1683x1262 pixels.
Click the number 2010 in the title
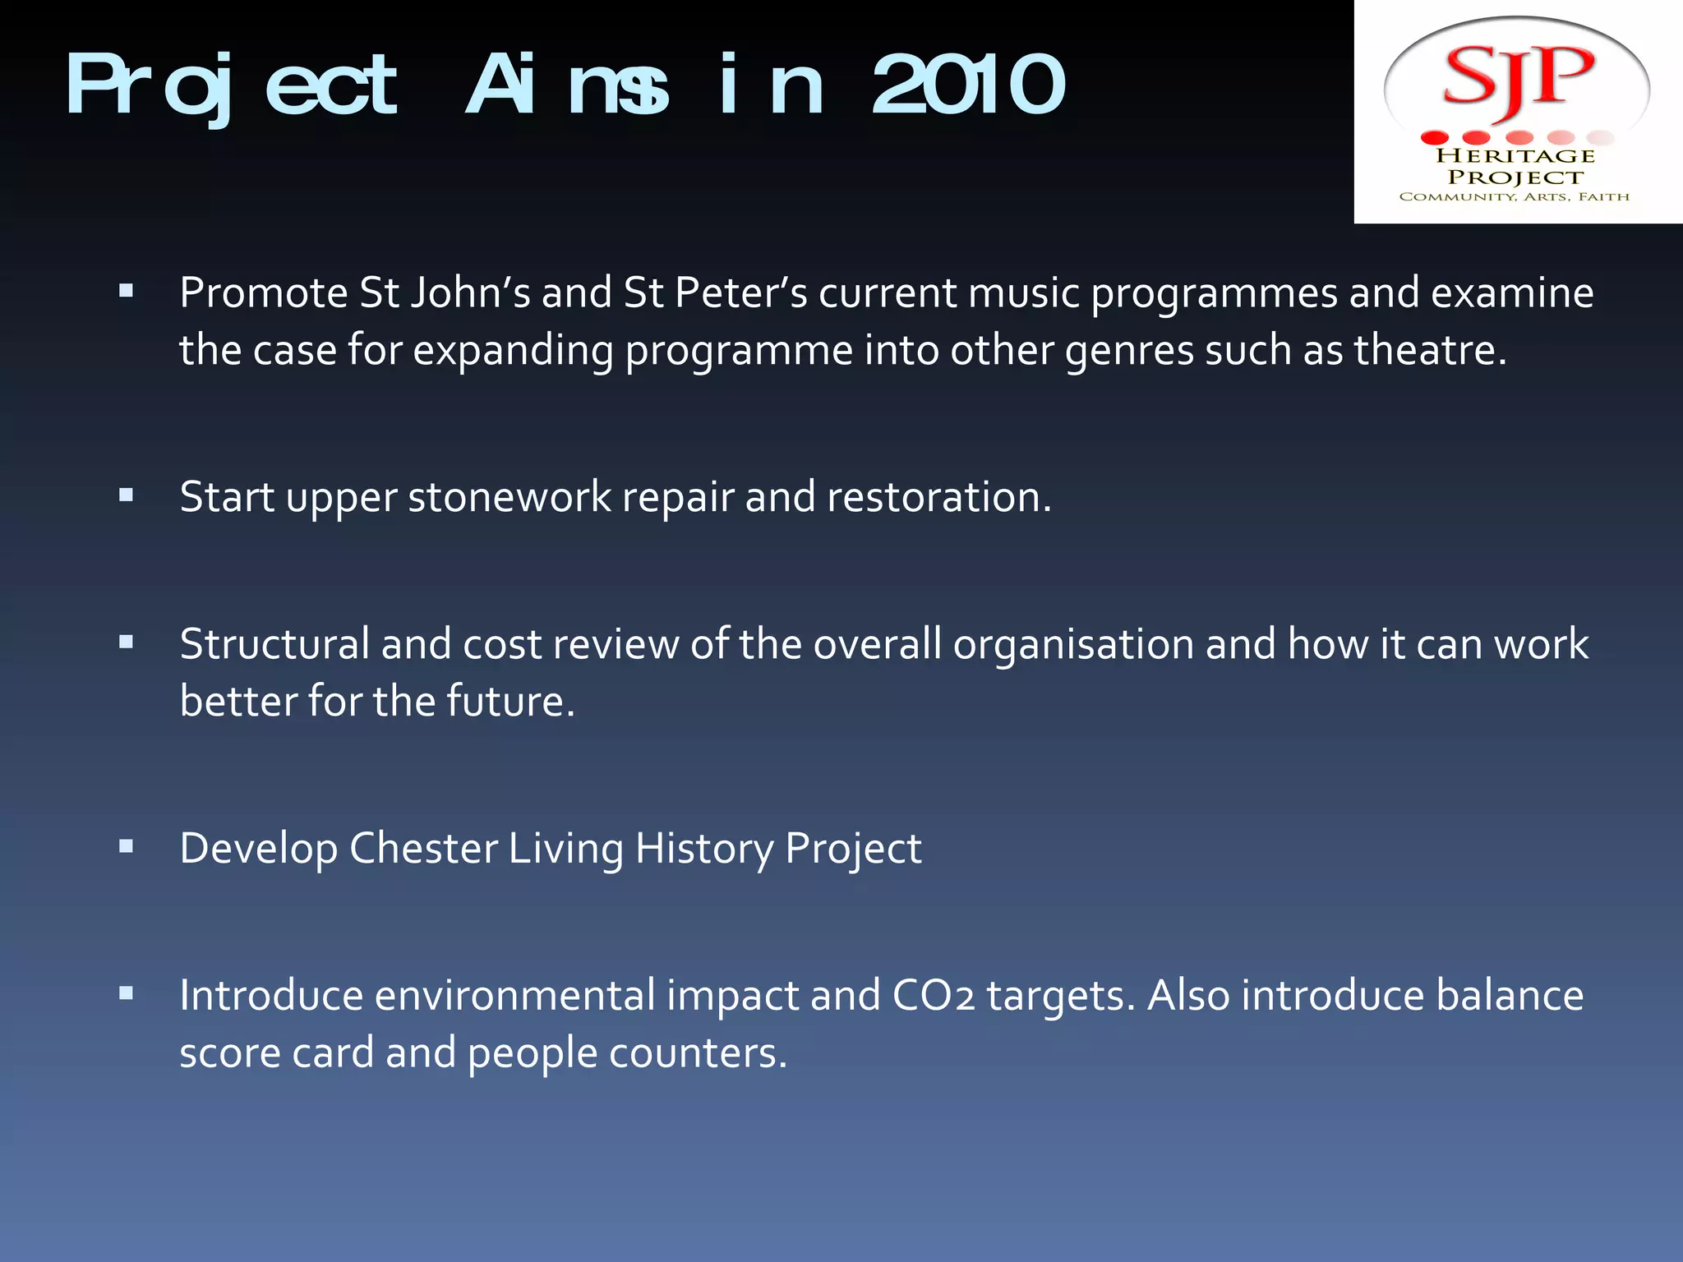pyautogui.click(x=968, y=85)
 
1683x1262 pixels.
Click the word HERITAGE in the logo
pyautogui.click(x=1515, y=155)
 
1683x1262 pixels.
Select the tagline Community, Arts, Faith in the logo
pyautogui.click(x=1514, y=196)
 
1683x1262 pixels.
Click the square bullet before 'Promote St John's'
pyautogui.click(x=126, y=290)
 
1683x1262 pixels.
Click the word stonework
pyautogui.click(x=510, y=498)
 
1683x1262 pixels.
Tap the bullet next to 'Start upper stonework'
pyautogui.click(x=126, y=495)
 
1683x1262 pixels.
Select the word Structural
pyautogui.click(x=274, y=644)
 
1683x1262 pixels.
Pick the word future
pyautogui.click(x=510, y=702)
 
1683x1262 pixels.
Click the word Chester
pyautogui.click(x=423, y=849)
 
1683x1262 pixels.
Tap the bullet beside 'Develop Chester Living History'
pyautogui.click(x=126, y=846)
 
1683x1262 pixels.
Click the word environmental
pyautogui.click(x=514, y=996)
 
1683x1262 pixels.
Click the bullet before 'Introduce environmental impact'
pyautogui.click(x=126, y=993)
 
